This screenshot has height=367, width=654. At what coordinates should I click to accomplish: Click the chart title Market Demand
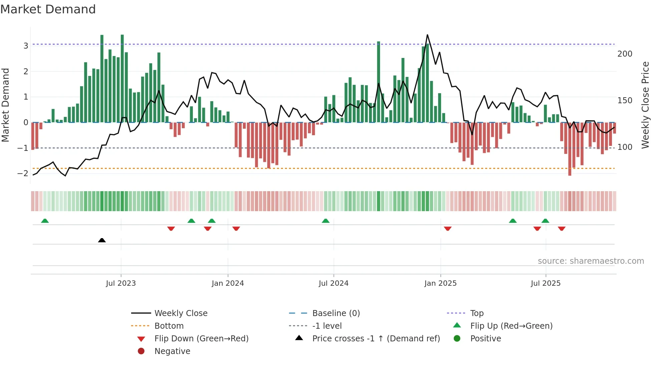pyautogui.click(x=48, y=9)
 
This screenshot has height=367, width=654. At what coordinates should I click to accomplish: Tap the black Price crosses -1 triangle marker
pyautogui.click(x=102, y=240)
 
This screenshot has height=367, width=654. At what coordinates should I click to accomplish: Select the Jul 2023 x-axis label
pyautogui.click(x=121, y=283)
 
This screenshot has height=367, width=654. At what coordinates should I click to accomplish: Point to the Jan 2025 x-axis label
pyautogui.click(x=440, y=283)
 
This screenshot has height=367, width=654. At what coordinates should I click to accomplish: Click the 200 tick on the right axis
pyautogui.click(x=625, y=54)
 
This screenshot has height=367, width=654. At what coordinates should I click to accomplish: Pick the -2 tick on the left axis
pyautogui.click(x=23, y=173)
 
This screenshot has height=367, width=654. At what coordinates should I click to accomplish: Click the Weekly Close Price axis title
pyautogui.click(x=645, y=105)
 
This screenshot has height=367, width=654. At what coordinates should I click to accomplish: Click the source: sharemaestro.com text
pyautogui.click(x=591, y=261)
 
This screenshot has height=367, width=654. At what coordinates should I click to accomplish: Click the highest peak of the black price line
pyautogui.click(x=427, y=35)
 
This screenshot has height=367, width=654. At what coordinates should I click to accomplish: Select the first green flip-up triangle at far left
pyautogui.click(x=45, y=221)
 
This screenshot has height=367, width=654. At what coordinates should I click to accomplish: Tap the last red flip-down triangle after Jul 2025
pyautogui.click(x=562, y=228)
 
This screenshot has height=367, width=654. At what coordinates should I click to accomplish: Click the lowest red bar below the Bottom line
pyautogui.click(x=570, y=173)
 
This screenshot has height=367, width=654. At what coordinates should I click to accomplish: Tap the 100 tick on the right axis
pyautogui.click(x=625, y=147)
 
